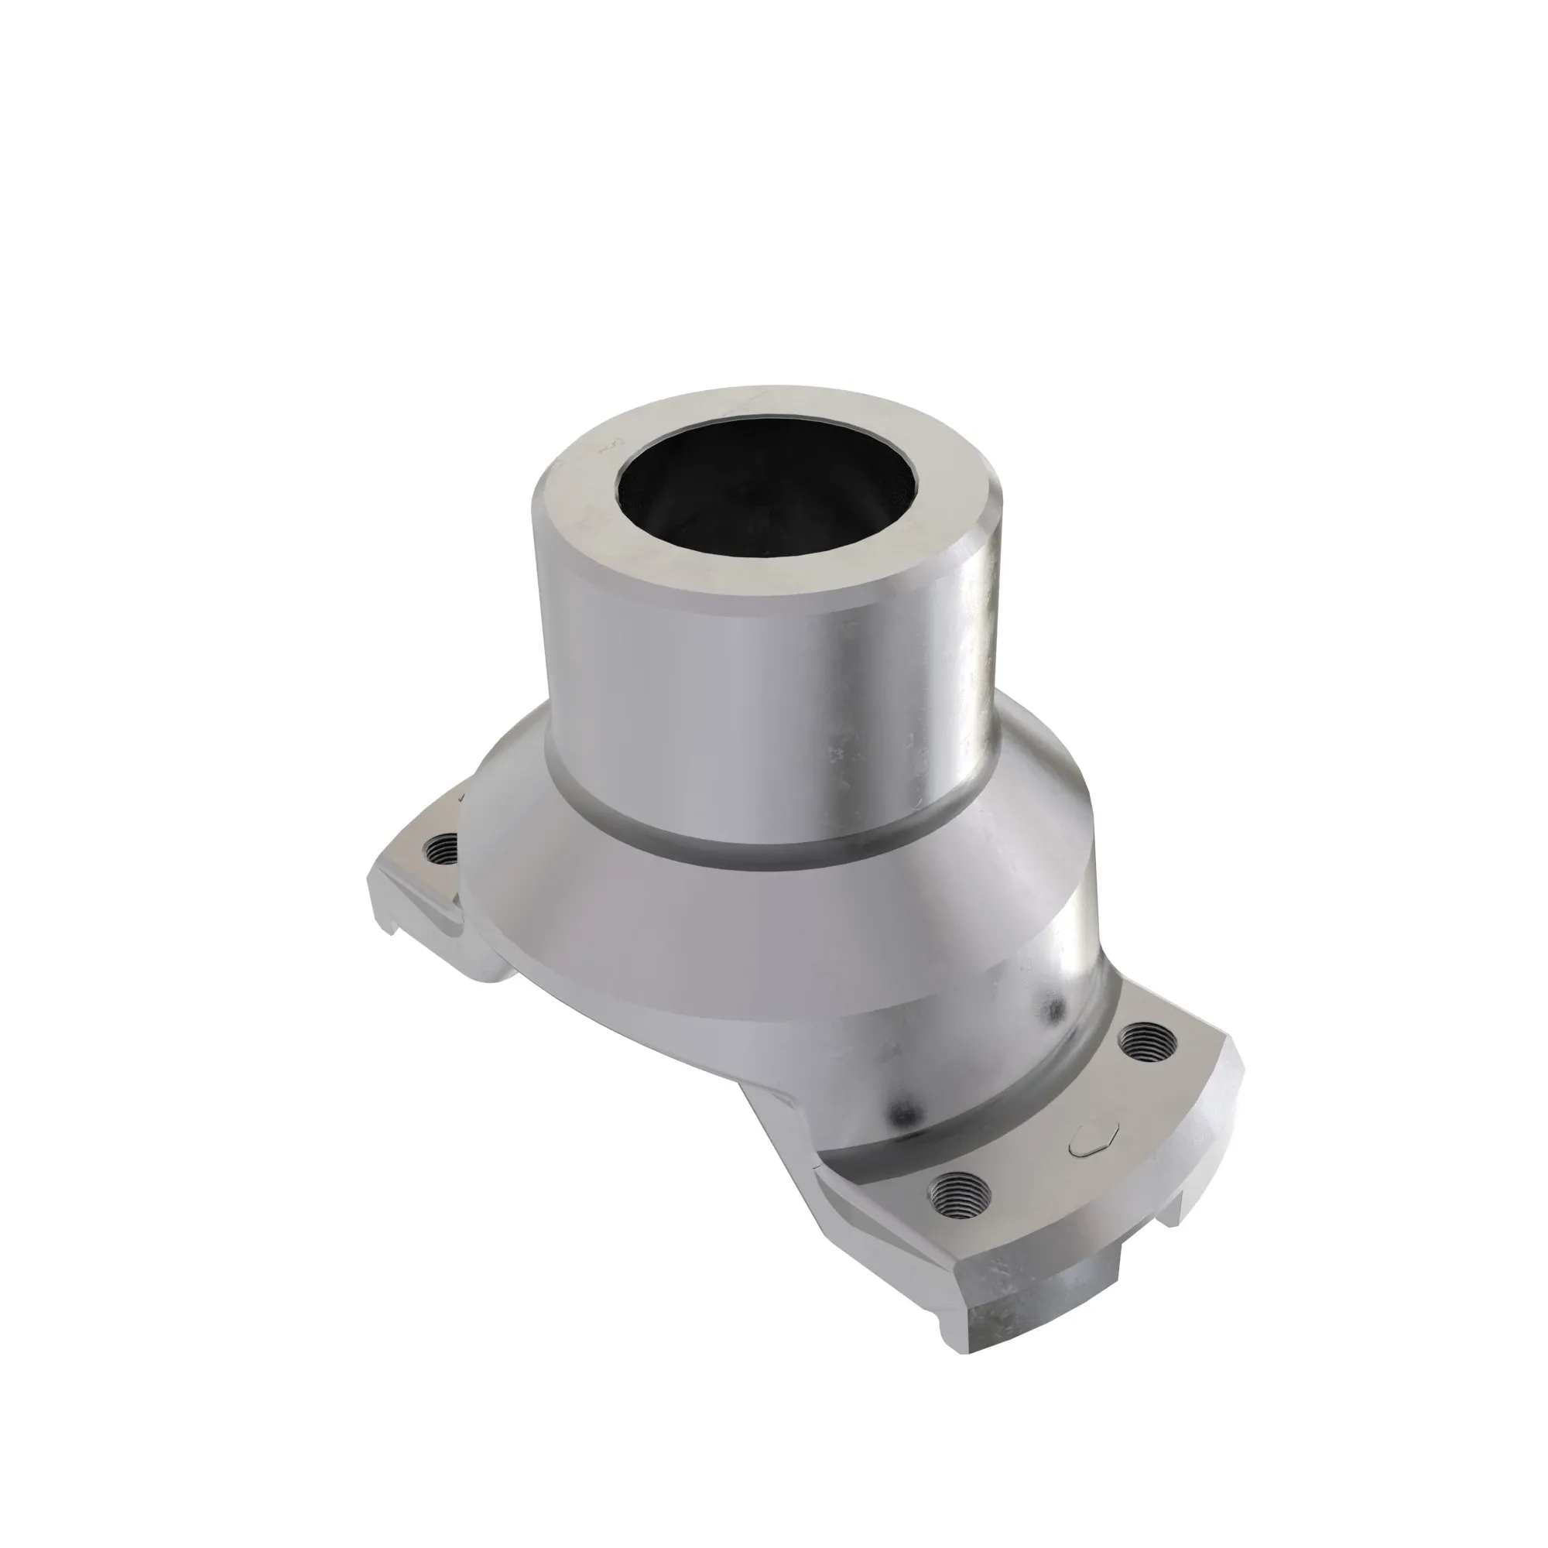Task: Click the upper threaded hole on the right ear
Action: [x=1148, y=1043]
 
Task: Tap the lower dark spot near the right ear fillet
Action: [x=908, y=1112]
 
